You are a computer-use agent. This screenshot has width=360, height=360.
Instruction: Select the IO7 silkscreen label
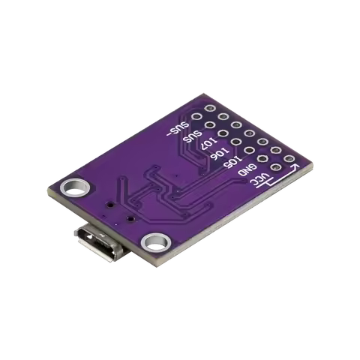208,144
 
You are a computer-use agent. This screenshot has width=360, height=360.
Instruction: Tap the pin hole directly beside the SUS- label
196,118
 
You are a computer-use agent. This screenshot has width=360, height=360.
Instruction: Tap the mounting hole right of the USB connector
157,241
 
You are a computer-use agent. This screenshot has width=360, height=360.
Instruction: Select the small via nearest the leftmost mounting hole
109,203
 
